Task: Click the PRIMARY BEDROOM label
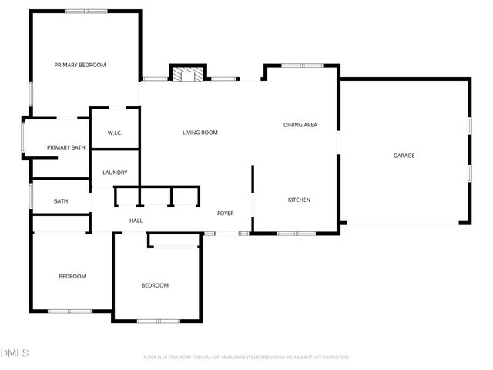[x=79, y=65]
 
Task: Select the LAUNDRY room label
[x=115, y=173]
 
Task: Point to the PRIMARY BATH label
[x=66, y=147]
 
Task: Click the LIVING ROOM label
[x=200, y=133]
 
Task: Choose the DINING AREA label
[x=300, y=125]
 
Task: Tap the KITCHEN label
[x=299, y=200]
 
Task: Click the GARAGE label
[x=404, y=156]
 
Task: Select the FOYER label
[x=225, y=214]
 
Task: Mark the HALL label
[x=136, y=220]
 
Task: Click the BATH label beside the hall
[x=61, y=201]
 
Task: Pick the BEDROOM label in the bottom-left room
[x=72, y=276]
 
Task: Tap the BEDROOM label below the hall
[x=155, y=285]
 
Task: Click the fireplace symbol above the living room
[x=187, y=75]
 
